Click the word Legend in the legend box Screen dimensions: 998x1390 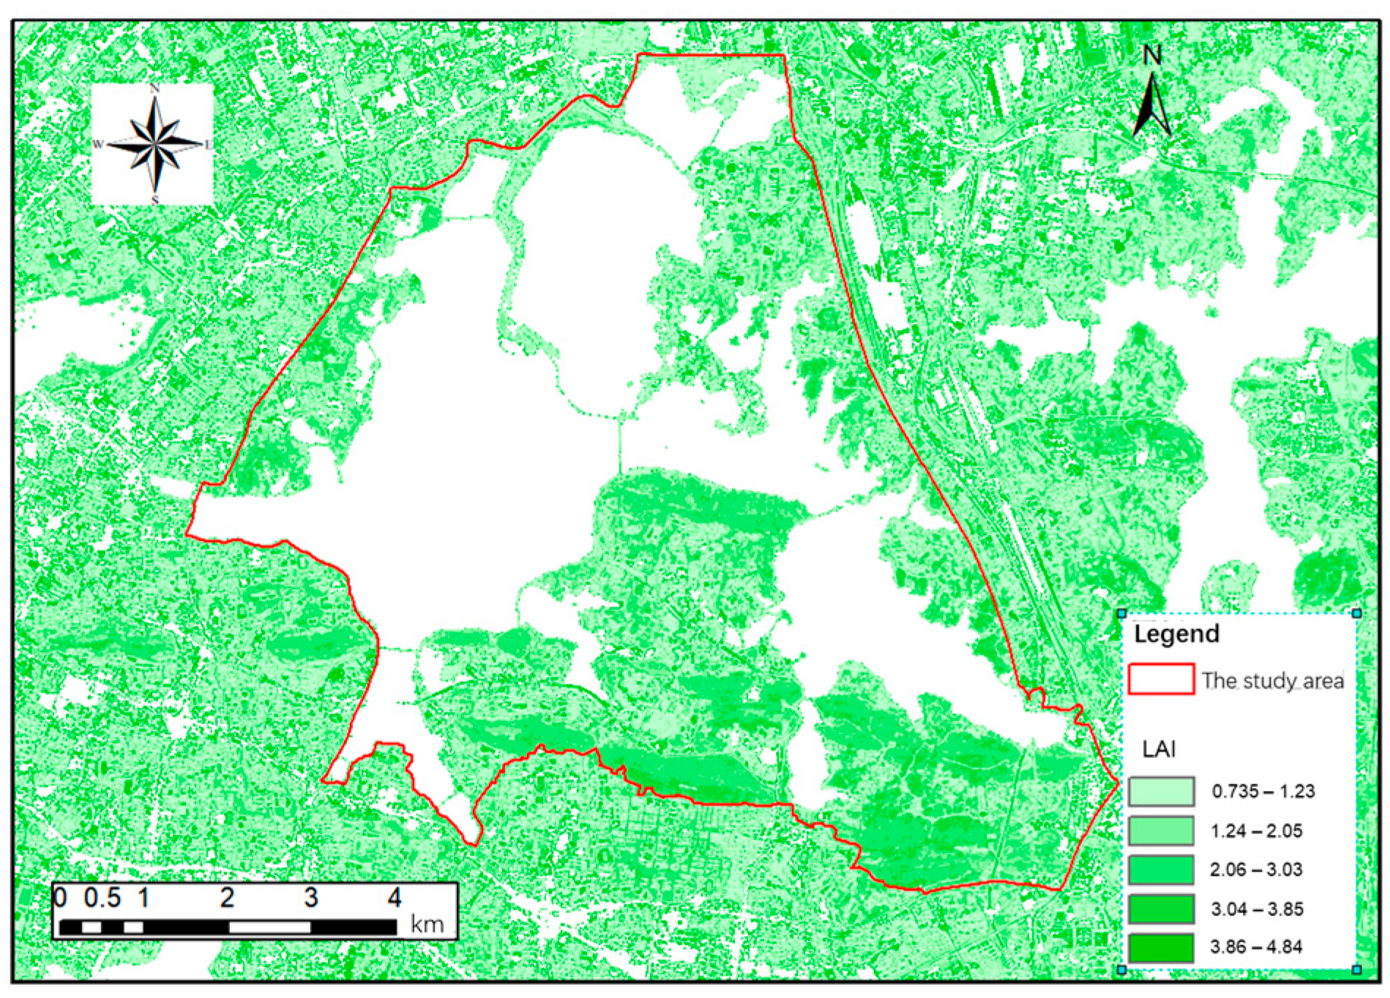click(1176, 634)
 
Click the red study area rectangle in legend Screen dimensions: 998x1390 click(1160, 680)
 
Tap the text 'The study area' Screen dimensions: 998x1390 click(1272, 681)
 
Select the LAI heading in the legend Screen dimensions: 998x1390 click(1159, 749)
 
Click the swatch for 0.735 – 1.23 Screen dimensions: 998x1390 click(1160, 791)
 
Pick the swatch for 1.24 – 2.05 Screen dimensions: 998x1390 click(1160, 830)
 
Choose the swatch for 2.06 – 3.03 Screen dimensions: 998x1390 click(1160, 869)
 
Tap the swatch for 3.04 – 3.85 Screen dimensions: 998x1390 click(1160, 909)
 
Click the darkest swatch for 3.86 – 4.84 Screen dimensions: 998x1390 click(1160, 948)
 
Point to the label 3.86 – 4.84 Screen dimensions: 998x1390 click(1256, 948)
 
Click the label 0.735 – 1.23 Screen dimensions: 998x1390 click(1263, 792)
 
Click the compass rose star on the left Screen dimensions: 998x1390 click(154, 143)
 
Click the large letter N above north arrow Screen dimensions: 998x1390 click(1152, 56)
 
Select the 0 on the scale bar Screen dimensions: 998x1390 click(60, 898)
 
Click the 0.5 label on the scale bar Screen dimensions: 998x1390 click(102, 898)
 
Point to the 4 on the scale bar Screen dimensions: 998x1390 click(395, 898)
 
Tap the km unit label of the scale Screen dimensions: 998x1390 click(427, 925)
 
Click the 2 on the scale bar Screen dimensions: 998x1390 click(228, 898)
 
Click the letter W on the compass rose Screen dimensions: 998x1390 click(98, 144)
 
